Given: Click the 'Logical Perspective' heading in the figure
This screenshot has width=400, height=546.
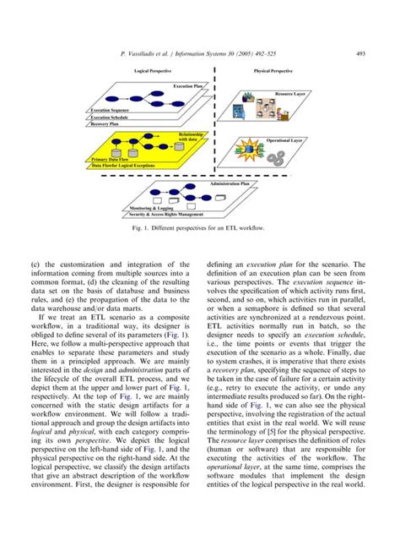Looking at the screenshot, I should (151, 72).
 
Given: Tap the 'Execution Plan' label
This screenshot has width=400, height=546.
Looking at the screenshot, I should (187, 86).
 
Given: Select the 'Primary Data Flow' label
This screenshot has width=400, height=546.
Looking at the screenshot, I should (111, 158).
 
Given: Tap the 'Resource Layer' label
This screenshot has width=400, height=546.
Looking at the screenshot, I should (292, 92).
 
